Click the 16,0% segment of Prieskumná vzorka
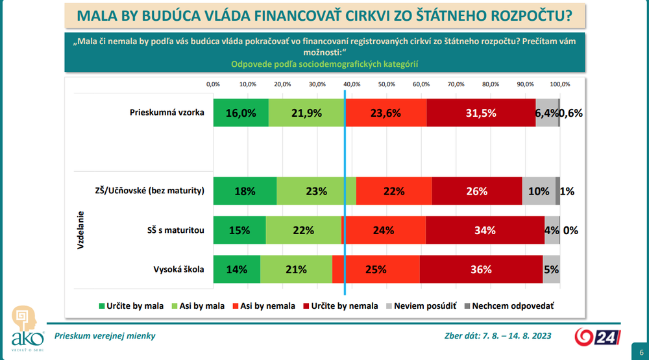point(241,113)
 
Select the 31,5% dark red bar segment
point(481,113)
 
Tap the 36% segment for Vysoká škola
point(481,269)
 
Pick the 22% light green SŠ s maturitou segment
point(303,230)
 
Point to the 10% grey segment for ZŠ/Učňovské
point(539,191)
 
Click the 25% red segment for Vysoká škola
point(376,269)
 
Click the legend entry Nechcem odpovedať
point(507,306)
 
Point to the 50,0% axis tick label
point(386,84)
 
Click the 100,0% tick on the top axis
point(559,84)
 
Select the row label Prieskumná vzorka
point(167,112)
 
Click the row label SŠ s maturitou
point(175,230)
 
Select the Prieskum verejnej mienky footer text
point(105,336)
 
